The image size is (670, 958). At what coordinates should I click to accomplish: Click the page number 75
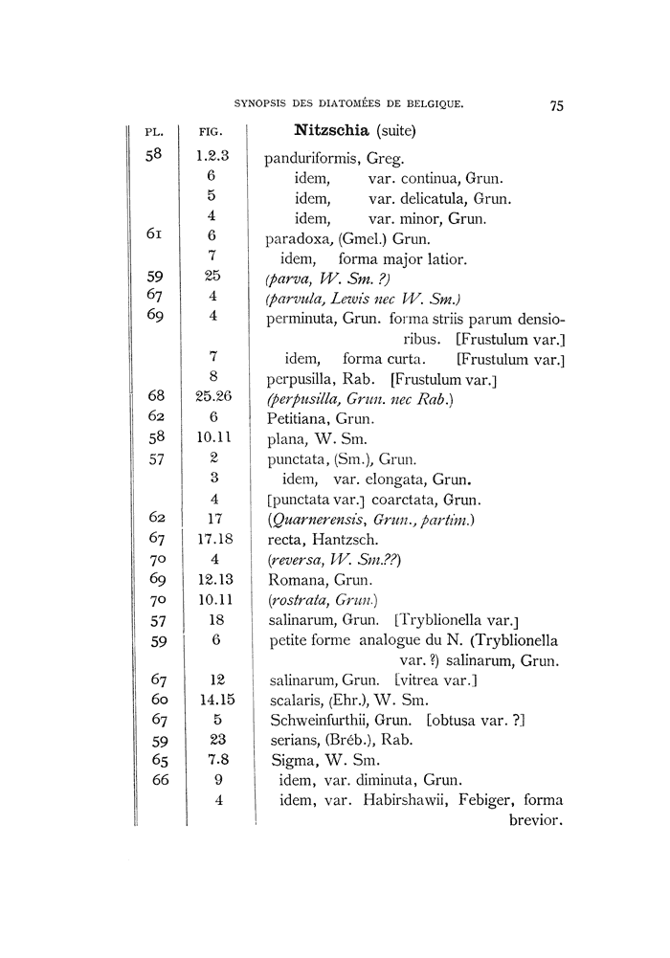pos(557,106)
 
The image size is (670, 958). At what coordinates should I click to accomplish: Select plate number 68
pos(158,397)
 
